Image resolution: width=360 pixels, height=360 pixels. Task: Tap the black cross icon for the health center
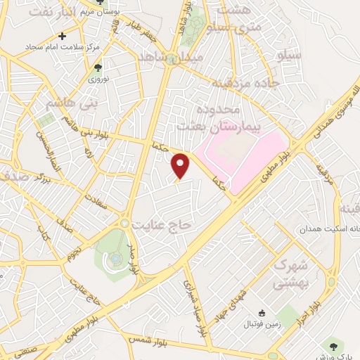click(63, 35)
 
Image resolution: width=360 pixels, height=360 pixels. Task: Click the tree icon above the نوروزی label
click(98, 68)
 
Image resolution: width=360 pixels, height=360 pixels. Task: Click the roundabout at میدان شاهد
click(171, 60)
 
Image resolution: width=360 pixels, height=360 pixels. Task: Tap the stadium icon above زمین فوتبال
click(262, 312)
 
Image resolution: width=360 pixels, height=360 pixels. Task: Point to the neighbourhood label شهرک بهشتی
click(309, 275)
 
